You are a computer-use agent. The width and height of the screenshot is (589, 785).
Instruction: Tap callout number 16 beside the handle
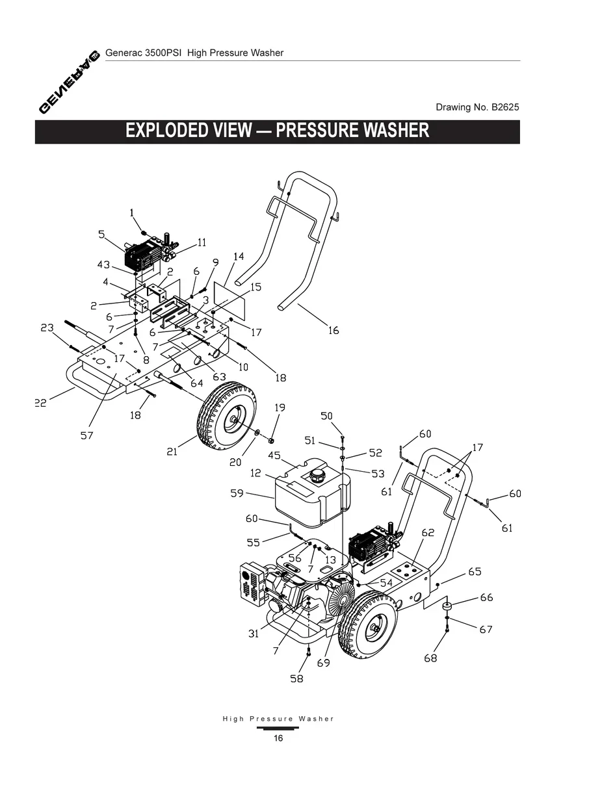(x=333, y=331)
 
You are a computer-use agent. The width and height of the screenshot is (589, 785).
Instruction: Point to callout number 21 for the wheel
(x=172, y=452)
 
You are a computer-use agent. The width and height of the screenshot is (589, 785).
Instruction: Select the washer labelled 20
(x=258, y=433)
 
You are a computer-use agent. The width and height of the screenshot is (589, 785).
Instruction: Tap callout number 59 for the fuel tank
(x=237, y=493)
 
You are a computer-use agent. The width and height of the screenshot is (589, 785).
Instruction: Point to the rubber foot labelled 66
(x=447, y=607)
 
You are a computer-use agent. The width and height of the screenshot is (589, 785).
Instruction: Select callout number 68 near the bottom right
(x=430, y=658)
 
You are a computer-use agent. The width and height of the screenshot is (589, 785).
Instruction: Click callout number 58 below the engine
(x=297, y=678)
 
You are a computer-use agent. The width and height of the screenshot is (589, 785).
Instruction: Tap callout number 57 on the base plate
(x=86, y=435)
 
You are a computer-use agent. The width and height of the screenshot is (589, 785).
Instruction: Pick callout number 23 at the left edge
(x=47, y=328)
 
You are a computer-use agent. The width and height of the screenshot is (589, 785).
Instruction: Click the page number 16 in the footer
(x=278, y=738)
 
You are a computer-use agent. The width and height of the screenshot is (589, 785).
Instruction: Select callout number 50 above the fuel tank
(x=326, y=416)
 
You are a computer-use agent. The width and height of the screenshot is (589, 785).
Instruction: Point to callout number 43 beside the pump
(x=103, y=264)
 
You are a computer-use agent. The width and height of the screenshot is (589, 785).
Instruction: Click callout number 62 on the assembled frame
(x=427, y=533)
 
